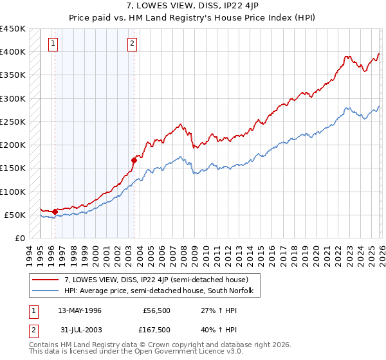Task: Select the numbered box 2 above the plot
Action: tap(132, 44)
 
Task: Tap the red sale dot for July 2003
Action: tap(134, 160)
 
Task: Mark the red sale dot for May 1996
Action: tap(55, 211)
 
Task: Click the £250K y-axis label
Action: tap(14, 122)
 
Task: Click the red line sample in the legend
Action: tap(46, 280)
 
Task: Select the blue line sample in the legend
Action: tap(46, 291)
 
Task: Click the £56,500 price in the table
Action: tap(158, 310)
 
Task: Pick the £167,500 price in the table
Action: tap(158, 330)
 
